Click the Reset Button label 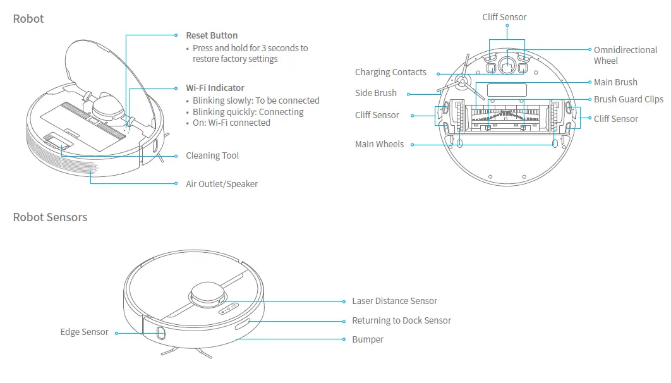(x=212, y=35)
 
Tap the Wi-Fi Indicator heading (x=215, y=88)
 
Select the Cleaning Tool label (x=212, y=155)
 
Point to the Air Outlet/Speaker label (x=222, y=184)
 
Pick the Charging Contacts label (x=390, y=72)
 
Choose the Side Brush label (x=376, y=93)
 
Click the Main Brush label (x=615, y=82)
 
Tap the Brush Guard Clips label (x=628, y=99)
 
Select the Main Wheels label (x=379, y=144)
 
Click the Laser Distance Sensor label (x=394, y=301)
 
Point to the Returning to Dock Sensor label (x=401, y=320)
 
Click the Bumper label (x=368, y=339)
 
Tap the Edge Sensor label (x=85, y=332)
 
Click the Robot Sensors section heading (x=51, y=217)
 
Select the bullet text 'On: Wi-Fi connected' (x=231, y=123)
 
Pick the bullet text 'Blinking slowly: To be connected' (x=256, y=100)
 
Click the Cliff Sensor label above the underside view (x=504, y=17)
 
